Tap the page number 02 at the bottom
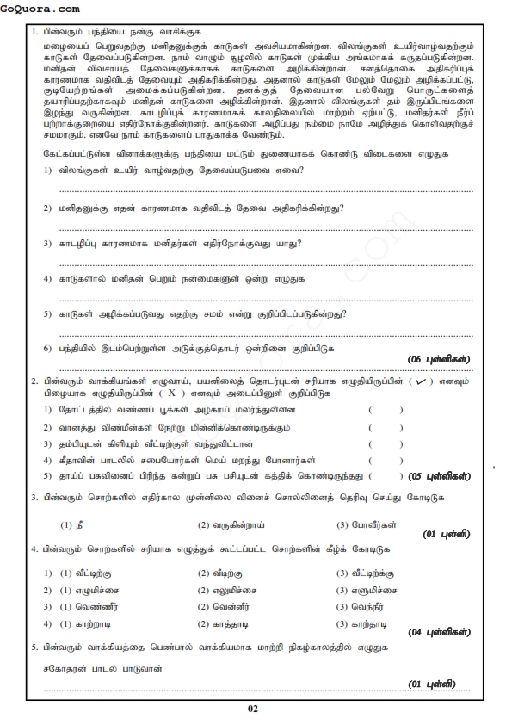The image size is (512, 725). click(252, 709)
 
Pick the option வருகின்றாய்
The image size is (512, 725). click(228, 524)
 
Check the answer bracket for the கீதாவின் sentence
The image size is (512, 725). click(386, 459)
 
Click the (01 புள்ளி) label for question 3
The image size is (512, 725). click(447, 534)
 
